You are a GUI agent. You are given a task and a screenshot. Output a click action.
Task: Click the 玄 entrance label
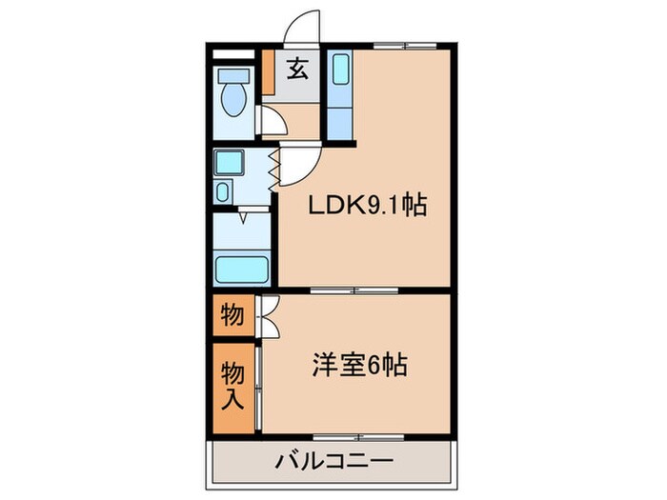[x=297, y=69]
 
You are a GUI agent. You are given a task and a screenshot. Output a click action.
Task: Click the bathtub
[x=243, y=269]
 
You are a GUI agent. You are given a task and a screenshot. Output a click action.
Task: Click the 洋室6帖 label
[x=360, y=365]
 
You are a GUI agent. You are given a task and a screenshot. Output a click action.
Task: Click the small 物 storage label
[x=232, y=313]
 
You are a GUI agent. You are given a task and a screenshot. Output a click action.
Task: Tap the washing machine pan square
[x=229, y=162]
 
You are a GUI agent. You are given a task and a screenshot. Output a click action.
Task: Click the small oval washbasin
[x=223, y=191]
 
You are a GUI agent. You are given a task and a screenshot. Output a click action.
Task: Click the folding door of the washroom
[x=274, y=168]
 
